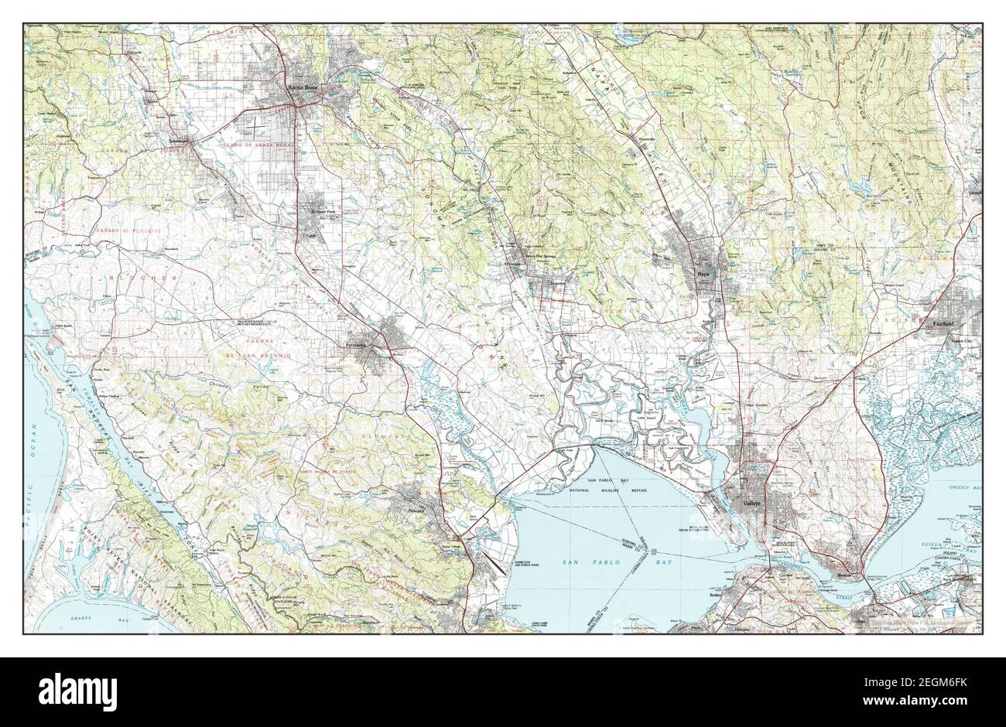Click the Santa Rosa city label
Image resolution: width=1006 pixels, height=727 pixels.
tap(303, 87)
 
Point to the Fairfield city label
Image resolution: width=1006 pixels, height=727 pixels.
tap(942, 325)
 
